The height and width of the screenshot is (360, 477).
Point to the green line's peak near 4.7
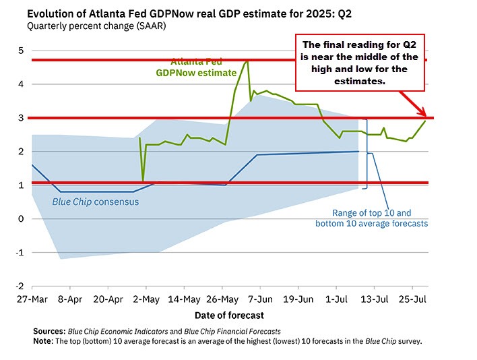point(247,61)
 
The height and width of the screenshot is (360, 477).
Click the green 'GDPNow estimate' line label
point(205,72)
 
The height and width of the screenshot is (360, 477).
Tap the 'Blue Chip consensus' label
point(96,201)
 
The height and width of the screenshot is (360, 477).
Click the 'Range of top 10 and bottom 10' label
point(371,217)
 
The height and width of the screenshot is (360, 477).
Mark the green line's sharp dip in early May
point(143,181)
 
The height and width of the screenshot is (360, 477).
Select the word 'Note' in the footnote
point(44,340)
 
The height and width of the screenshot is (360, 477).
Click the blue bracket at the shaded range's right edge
point(366,152)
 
